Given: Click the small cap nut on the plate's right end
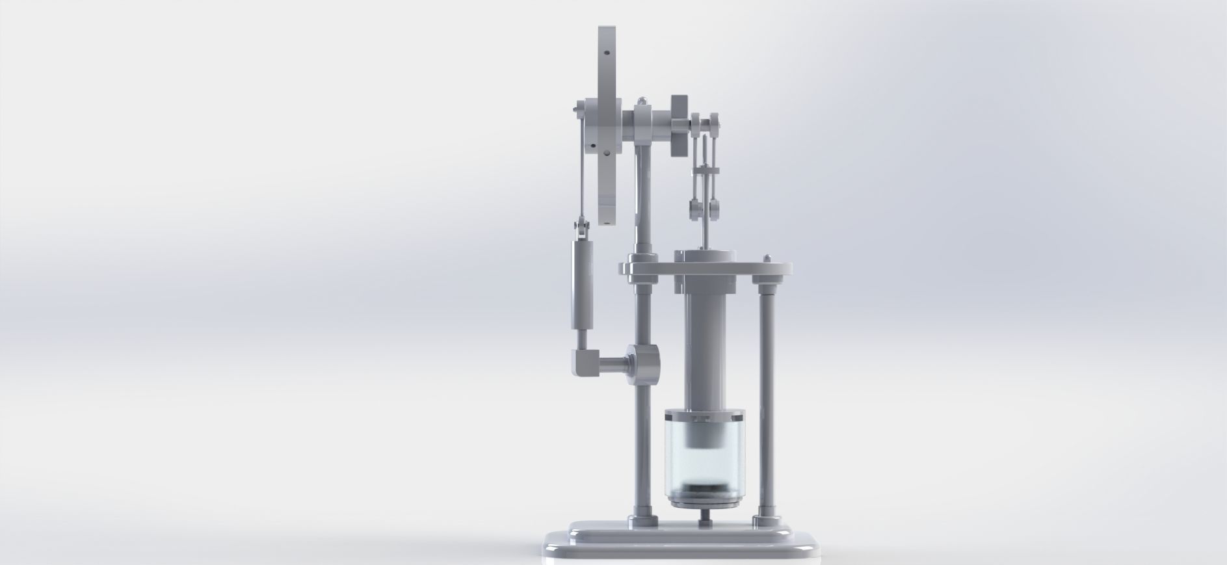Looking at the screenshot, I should [x=769, y=259].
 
